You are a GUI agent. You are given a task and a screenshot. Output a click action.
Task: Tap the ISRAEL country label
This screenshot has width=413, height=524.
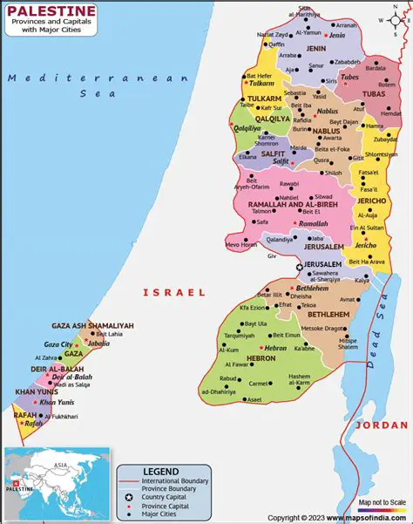(174, 293)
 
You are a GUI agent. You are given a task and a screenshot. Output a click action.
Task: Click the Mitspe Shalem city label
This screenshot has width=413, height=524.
(348, 343)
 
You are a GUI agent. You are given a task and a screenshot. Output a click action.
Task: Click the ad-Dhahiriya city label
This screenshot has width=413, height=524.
(220, 392)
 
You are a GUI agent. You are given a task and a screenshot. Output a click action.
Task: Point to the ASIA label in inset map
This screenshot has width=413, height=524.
(60, 466)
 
